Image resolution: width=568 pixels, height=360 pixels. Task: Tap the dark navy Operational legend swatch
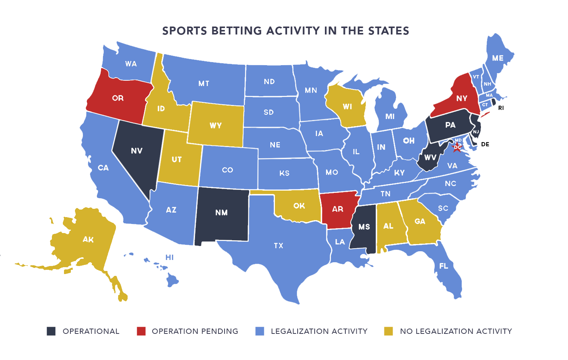tap(51, 331)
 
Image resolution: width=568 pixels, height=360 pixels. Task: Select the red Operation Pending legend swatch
tap(141, 331)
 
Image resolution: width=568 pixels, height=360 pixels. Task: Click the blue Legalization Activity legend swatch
tap(260, 331)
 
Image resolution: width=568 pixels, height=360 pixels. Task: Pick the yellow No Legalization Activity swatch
tap(389, 331)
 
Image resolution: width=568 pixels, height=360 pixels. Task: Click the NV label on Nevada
tap(137, 151)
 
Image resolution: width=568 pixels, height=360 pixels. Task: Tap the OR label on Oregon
tap(118, 98)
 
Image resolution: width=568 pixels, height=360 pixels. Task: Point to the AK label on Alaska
tap(88, 239)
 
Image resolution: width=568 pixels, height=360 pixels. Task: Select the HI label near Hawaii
tap(169, 257)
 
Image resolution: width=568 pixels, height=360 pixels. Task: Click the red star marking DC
tap(457, 147)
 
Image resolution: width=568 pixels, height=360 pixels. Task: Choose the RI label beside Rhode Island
tap(501, 108)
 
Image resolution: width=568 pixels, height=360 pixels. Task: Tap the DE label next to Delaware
tap(485, 144)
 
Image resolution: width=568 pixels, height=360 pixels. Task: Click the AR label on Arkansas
tap(337, 209)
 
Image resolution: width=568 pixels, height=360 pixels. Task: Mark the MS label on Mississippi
tap(364, 227)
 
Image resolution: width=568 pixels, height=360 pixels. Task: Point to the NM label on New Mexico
tap(222, 213)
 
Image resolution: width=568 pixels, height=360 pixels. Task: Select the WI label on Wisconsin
tap(347, 106)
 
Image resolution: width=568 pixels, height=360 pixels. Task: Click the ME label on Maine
tap(498, 58)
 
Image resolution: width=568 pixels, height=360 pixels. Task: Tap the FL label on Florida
tap(443, 266)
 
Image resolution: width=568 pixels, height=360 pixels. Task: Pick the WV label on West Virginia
tap(430, 157)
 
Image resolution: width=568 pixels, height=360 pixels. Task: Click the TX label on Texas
tap(278, 246)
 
